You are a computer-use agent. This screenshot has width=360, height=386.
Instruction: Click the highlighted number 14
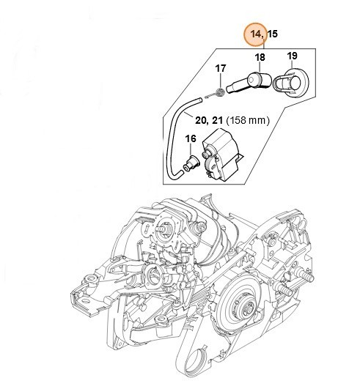click(255, 34)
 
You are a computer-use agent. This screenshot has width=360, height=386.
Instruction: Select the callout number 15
click(273, 34)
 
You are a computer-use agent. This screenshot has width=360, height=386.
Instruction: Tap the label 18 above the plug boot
click(260, 56)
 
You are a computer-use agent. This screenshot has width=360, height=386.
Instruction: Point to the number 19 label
click(291, 56)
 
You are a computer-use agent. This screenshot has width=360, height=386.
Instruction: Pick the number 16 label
click(190, 138)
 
